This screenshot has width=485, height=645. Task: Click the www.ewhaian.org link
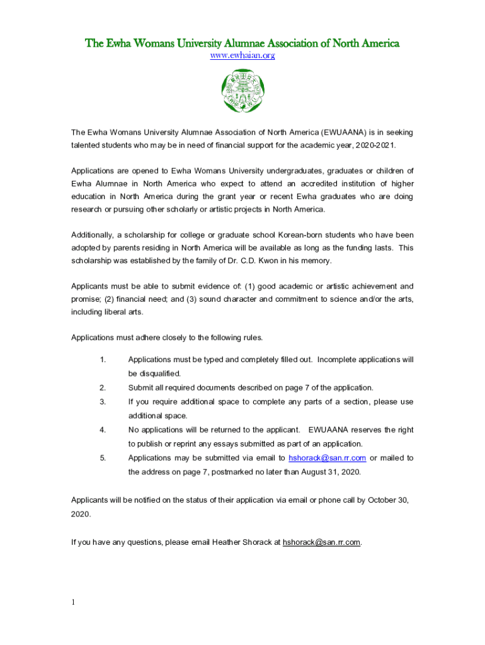click(x=243, y=56)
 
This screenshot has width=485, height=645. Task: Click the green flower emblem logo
click(x=243, y=90)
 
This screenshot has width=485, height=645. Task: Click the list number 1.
click(x=102, y=360)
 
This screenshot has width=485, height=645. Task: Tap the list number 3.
click(x=102, y=402)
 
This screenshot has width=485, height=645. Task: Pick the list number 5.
click(x=102, y=458)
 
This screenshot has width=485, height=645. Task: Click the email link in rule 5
click(x=327, y=458)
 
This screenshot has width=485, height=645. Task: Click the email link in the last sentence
click(x=321, y=542)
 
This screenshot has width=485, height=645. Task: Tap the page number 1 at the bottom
click(x=73, y=602)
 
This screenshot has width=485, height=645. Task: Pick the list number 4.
click(x=102, y=430)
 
